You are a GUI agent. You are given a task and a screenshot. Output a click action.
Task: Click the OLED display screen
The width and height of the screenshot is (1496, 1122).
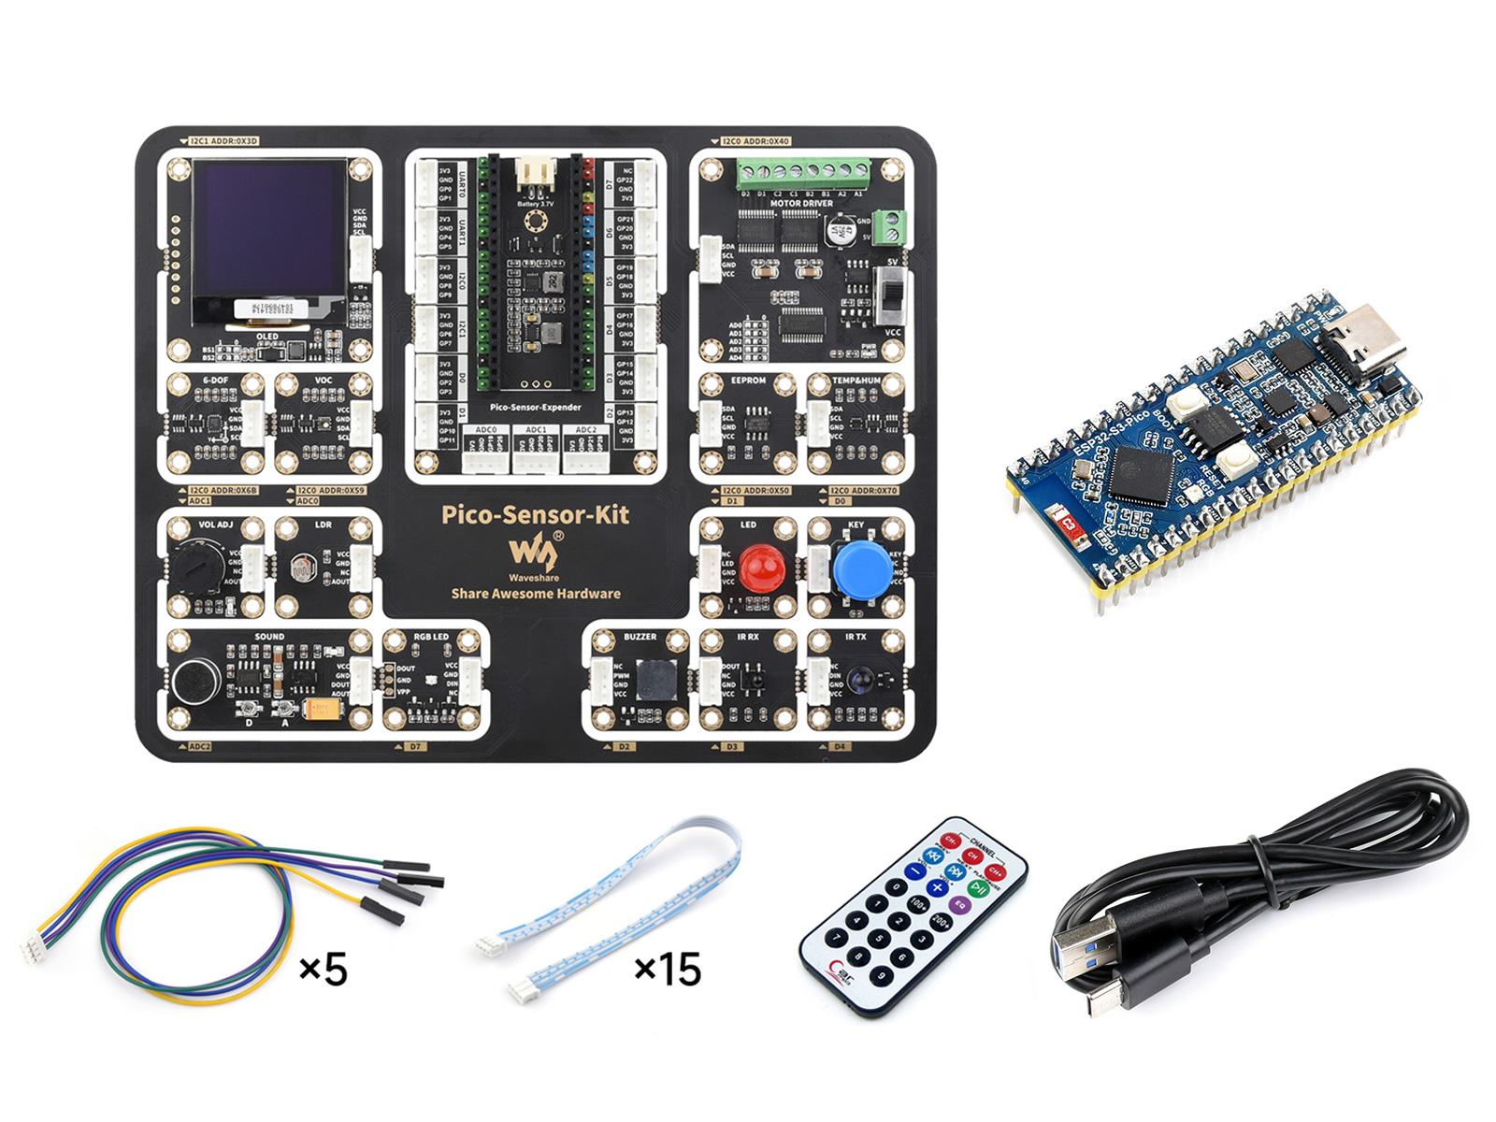[x=268, y=227]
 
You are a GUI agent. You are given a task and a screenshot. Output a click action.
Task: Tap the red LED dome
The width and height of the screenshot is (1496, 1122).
[x=761, y=567]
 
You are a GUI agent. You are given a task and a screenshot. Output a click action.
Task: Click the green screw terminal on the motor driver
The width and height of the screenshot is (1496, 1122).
[x=803, y=172]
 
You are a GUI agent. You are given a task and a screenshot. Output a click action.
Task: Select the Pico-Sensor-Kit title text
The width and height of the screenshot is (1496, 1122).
[x=535, y=514]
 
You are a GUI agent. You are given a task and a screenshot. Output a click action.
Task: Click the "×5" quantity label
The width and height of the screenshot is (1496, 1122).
[x=324, y=970]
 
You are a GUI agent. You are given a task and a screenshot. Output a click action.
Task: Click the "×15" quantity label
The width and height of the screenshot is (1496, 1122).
[x=668, y=970]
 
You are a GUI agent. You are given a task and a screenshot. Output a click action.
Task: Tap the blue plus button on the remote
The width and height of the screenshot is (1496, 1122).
[x=937, y=886]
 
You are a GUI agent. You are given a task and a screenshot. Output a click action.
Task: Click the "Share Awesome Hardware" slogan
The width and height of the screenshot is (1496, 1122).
[x=536, y=594]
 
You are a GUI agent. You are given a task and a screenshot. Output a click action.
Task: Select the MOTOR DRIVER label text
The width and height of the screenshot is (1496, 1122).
[x=801, y=203]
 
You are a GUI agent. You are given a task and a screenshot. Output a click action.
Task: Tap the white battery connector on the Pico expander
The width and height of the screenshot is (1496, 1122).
[x=535, y=172]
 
